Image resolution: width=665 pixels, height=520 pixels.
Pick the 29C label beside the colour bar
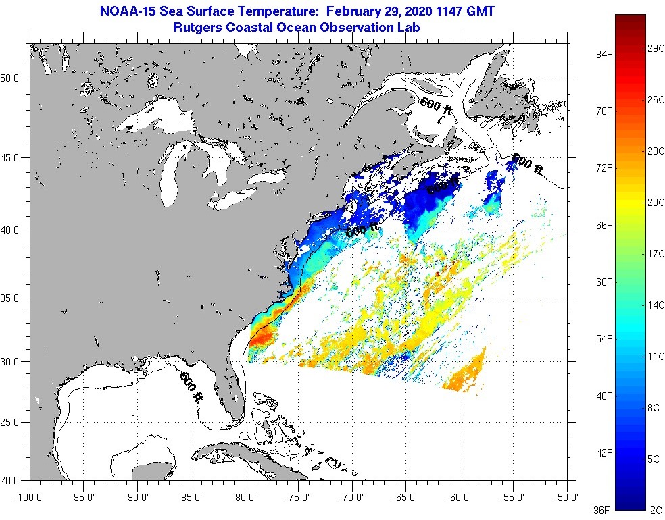(x=655, y=49)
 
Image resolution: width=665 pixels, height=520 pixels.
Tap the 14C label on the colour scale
(x=655, y=305)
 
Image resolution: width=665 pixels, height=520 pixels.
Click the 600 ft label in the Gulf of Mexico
(x=191, y=387)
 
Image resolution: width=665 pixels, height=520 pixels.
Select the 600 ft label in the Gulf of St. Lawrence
(x=436, y=107)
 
